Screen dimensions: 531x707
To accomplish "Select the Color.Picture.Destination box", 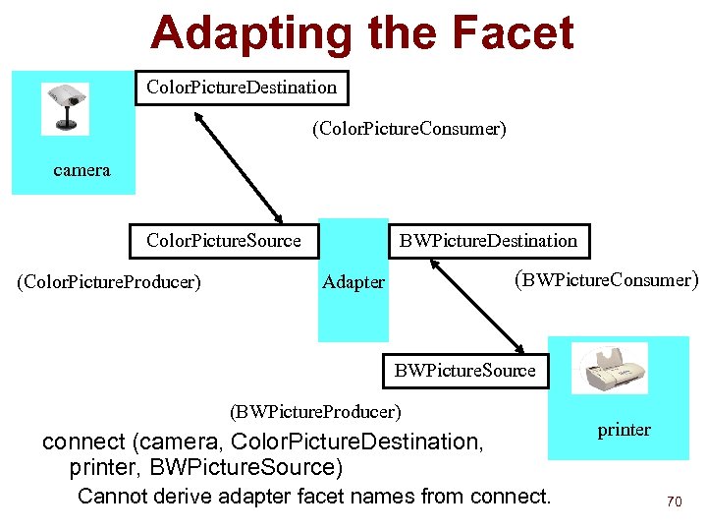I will coord(242,88).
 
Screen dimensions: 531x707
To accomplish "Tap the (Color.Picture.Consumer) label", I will coord(408,129).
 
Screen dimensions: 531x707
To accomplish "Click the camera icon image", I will coord(65,108).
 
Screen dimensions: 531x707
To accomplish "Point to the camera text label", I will coord(82,170).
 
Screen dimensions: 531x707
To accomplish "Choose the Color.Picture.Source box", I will coord(224,241).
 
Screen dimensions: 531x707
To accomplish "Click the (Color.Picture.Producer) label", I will coord(109,283).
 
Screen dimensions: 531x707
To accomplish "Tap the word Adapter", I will coord(353,282).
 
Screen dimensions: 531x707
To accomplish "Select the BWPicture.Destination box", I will coord(488,241).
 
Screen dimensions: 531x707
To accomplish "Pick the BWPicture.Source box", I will coord(465,371).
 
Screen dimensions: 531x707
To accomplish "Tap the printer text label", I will coord(625,430).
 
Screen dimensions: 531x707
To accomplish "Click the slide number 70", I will coord(674,501).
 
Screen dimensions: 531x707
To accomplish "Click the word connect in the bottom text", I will coord(82,442).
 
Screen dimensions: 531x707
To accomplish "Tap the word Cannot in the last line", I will coord(114,496).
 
